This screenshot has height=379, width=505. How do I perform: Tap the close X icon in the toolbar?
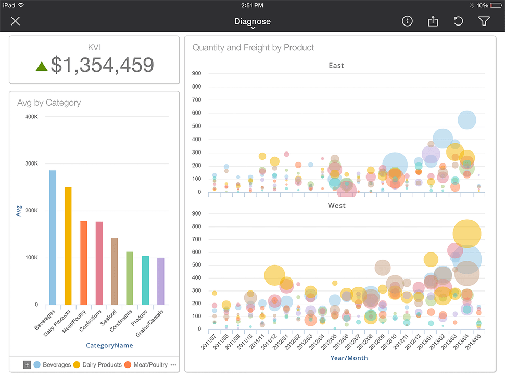pos(16,21)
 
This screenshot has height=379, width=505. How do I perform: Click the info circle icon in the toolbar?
pos(407,21)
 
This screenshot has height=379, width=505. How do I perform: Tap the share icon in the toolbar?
pos(433,21)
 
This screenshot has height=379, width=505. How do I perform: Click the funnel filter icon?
pos(484,21)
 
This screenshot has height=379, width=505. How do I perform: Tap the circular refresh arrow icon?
pos(458,21)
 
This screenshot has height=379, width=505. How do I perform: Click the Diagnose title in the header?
pos(252,21)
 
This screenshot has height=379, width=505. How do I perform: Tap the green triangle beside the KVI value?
pos(42,66)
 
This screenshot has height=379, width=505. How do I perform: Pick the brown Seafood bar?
pos(115,271)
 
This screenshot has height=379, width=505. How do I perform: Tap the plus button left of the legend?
pos(27,365)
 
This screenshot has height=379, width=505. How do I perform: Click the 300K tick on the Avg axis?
pos(31,163)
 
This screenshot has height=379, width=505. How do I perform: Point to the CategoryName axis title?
pos(109,345)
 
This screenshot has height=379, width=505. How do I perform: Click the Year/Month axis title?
pos(349,358)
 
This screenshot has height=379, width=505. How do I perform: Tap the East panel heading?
pos(336,66)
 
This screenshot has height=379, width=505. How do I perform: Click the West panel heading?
pos(336,206)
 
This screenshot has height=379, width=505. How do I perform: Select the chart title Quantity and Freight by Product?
pos(253,48)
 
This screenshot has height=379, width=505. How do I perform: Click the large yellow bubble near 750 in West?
pos(467,233)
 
